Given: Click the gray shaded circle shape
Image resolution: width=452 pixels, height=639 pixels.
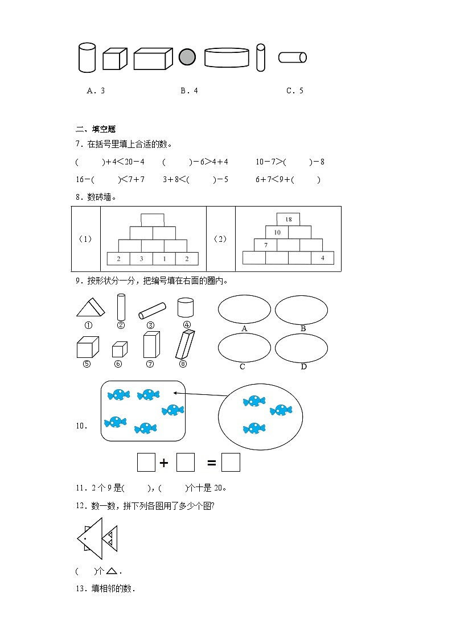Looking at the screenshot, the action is (187, 57).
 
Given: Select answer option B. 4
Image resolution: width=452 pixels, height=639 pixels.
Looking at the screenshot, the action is (189, 90).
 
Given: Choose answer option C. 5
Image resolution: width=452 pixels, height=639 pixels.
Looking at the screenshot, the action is (294, 90).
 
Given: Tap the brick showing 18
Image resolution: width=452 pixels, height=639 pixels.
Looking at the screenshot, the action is (288, 219).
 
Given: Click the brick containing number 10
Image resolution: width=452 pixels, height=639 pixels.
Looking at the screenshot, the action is (277, 232).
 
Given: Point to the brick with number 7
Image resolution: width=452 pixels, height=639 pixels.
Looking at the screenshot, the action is (265, 245).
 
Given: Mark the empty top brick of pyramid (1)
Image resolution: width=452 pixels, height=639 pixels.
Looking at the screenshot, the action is (153, 220).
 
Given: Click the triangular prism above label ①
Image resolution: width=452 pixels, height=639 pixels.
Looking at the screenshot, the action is (90, 309).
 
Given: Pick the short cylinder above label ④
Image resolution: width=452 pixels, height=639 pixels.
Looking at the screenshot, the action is (186, 307).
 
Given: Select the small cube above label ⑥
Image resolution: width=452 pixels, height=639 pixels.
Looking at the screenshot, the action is (119, 349).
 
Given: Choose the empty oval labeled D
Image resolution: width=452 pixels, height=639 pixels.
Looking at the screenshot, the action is (301, 347).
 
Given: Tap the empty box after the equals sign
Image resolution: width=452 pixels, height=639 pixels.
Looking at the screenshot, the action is (231, 463).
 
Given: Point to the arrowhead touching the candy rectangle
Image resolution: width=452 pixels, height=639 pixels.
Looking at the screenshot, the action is (185, 393).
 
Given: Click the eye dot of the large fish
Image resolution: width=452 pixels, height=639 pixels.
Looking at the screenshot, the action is (85, 538).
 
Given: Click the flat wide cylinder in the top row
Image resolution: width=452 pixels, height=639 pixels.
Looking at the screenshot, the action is (227, 57).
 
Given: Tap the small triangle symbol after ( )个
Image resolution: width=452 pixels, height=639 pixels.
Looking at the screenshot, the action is (112, 571).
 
